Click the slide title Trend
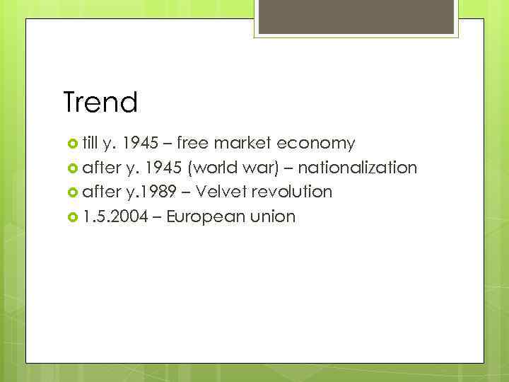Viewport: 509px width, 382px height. coord(100,103)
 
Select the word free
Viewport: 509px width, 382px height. coord(194,144)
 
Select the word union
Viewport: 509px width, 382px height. coord(271,216)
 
